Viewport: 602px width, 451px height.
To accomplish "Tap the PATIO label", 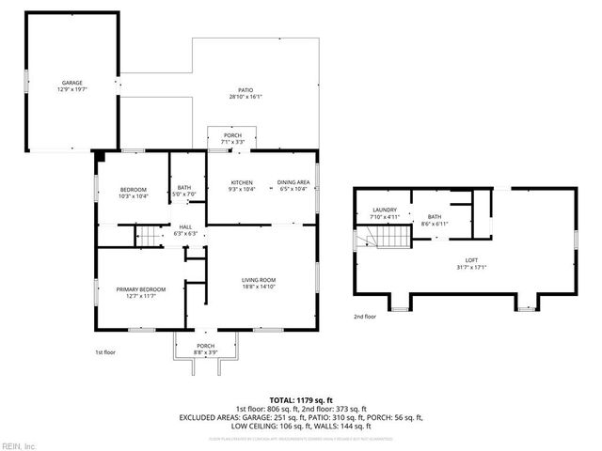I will point(245,90).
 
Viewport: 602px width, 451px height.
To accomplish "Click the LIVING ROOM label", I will point(260,279).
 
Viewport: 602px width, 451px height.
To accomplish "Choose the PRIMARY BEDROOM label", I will point(141,289).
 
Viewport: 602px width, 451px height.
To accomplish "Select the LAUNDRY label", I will point(384,210).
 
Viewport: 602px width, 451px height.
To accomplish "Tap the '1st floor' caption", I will point(104,351).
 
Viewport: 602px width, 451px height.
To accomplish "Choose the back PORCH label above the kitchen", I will point(231,136).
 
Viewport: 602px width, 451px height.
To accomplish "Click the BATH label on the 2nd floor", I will point(435,216).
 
